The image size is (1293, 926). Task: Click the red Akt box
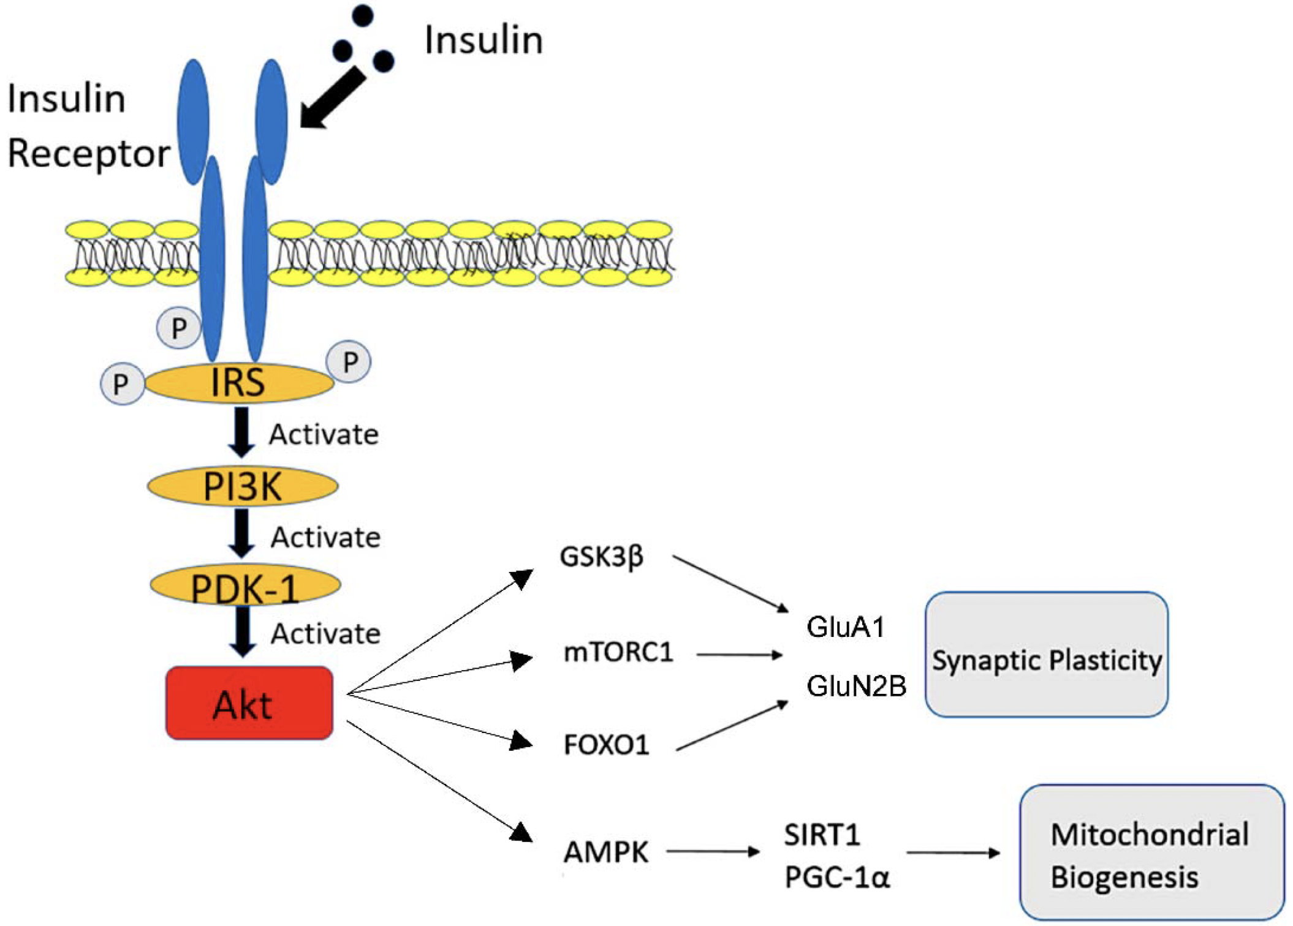(x=249, y=703)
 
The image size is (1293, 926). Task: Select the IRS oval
(x=239, y=383)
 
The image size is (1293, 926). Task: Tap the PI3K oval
(x=243, y=486)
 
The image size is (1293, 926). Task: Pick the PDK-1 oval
(x=245, y=585)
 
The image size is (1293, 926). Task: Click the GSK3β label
(x=601, y=557)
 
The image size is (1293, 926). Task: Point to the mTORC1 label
(x=618, y=652)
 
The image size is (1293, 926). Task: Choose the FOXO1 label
(x=606, y=745)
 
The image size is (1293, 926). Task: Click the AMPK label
(x=605, y=852)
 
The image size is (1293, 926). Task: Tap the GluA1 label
(x=846, y=627)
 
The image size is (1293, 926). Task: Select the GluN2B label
(x=856, y=686)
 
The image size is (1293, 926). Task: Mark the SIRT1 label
(x=822, y=835)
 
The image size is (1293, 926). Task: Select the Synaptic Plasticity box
(x=1046, y=654)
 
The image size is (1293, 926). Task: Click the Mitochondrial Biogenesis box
(x=1151, y=853)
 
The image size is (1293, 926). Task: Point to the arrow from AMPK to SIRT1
(x=713, y=851)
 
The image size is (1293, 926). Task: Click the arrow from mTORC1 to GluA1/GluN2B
(x=739, y=655)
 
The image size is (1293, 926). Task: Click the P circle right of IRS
(x=349, y=362)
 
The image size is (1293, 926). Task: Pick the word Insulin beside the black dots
(x=483, y=40)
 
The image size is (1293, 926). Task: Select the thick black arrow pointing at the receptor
(x=332, y=99)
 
